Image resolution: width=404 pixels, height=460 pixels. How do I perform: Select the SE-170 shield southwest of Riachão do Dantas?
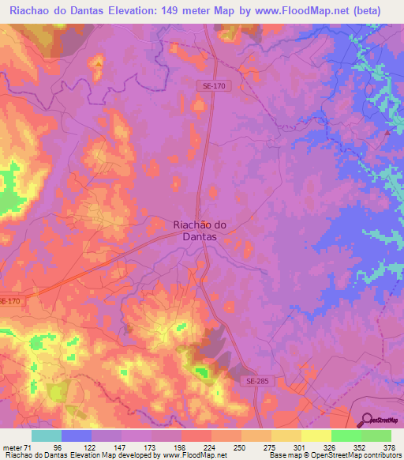[9, 301]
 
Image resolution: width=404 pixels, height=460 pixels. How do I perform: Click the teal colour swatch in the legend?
[47, 435]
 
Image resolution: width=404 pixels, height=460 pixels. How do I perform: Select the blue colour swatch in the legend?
[77, 435]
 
